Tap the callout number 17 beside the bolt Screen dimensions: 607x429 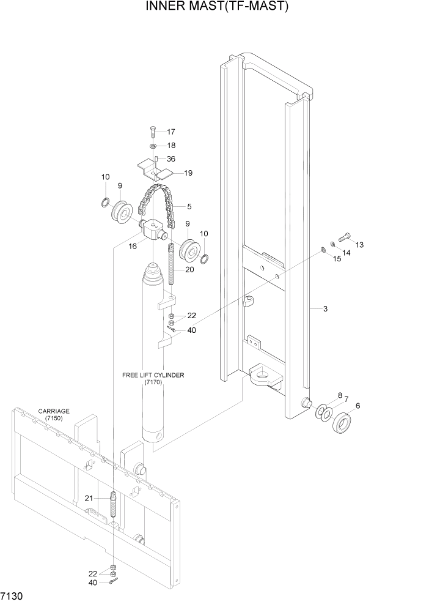coord(170,132)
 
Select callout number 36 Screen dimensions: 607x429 coord(170,159)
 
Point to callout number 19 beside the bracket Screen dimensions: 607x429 coord(188,173)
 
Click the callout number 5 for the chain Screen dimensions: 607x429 coord(189,206)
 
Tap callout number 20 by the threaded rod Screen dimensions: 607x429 coord(189,270)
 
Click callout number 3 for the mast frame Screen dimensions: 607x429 coord(326,309)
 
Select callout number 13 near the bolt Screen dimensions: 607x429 coord(359,245)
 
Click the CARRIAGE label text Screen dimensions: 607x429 coord(53,411)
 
